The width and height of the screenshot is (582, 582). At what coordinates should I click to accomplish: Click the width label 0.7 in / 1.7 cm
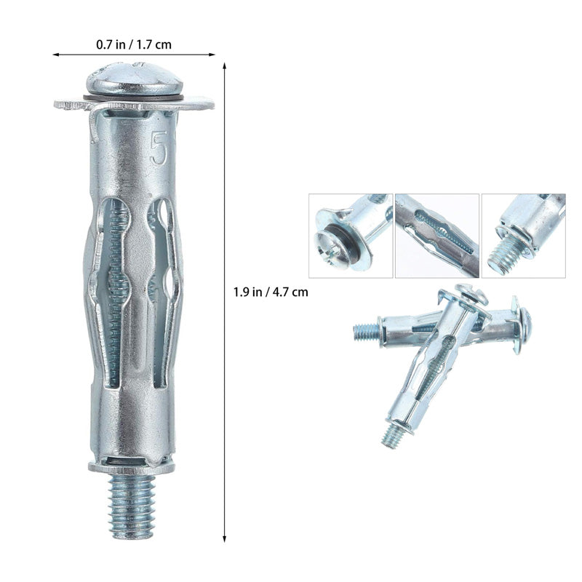click(134, 44)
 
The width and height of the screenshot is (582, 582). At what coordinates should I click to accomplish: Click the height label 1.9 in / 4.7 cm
click(271, 292)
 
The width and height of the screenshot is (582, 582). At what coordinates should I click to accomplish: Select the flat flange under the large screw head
click(134, 104)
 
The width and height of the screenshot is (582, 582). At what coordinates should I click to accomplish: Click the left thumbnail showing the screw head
click(351, 235)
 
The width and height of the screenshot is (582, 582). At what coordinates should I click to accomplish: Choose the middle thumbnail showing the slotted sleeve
click(436, 235)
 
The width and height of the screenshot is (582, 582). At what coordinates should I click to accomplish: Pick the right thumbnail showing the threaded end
click(523, 235)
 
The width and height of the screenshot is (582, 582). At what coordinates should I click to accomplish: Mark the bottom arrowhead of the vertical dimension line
click(223, 540)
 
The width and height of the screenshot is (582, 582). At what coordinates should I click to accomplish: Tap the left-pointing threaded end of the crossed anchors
click(366, 332)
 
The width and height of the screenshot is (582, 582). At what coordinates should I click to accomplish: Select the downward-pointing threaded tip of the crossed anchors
click(392, 436)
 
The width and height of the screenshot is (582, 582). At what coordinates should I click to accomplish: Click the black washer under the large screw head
click(134, 97)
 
